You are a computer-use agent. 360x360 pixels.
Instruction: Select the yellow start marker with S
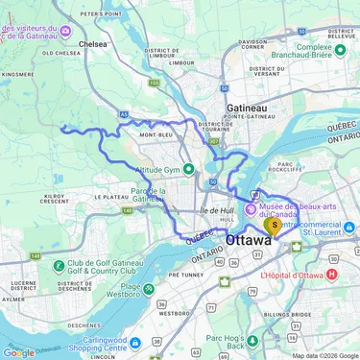275,228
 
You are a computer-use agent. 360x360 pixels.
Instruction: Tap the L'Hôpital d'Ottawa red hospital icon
332,274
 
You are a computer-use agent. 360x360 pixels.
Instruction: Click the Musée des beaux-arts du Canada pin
252,208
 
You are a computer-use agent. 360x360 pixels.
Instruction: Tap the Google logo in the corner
19,352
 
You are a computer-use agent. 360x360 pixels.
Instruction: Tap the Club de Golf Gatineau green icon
60,265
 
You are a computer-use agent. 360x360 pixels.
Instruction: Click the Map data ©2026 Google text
324,355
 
